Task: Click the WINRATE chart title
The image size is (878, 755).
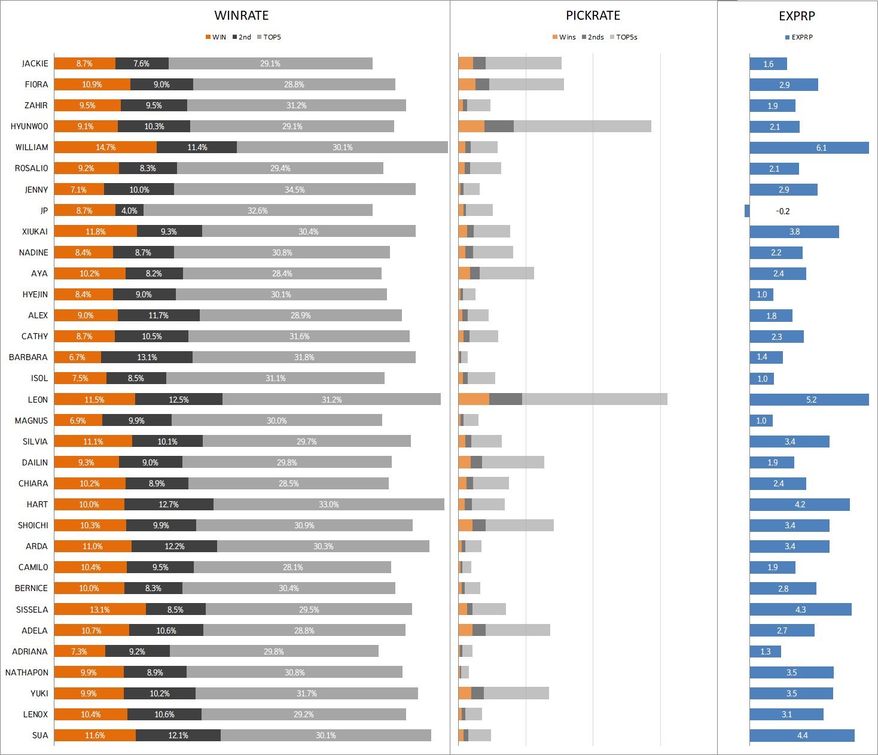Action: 241,16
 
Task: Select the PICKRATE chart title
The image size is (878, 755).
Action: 593,16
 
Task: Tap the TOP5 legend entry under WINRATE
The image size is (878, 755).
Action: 269,37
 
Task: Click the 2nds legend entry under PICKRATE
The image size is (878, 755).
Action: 593,37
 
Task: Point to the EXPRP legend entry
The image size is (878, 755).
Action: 798,37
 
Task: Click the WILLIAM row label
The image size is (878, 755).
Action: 32,147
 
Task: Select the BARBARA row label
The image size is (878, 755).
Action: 28,357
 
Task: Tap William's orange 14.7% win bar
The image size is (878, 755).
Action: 105,147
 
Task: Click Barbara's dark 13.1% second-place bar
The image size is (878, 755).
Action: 147,357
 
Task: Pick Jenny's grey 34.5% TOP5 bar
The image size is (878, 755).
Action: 294,189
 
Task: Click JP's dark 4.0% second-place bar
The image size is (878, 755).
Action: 129,210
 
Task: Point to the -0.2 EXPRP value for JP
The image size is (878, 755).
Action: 782,211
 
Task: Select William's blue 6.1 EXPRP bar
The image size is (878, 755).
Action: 809,147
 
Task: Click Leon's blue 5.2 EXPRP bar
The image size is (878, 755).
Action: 809,400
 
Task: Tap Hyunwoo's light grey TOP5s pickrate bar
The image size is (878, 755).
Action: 583,126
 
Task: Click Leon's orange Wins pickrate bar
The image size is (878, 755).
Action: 474,399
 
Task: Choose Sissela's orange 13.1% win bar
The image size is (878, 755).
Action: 100,609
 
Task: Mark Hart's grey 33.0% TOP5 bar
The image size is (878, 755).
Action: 329,504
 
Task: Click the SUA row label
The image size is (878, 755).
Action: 40,735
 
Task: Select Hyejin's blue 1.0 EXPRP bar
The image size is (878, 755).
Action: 761,294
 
